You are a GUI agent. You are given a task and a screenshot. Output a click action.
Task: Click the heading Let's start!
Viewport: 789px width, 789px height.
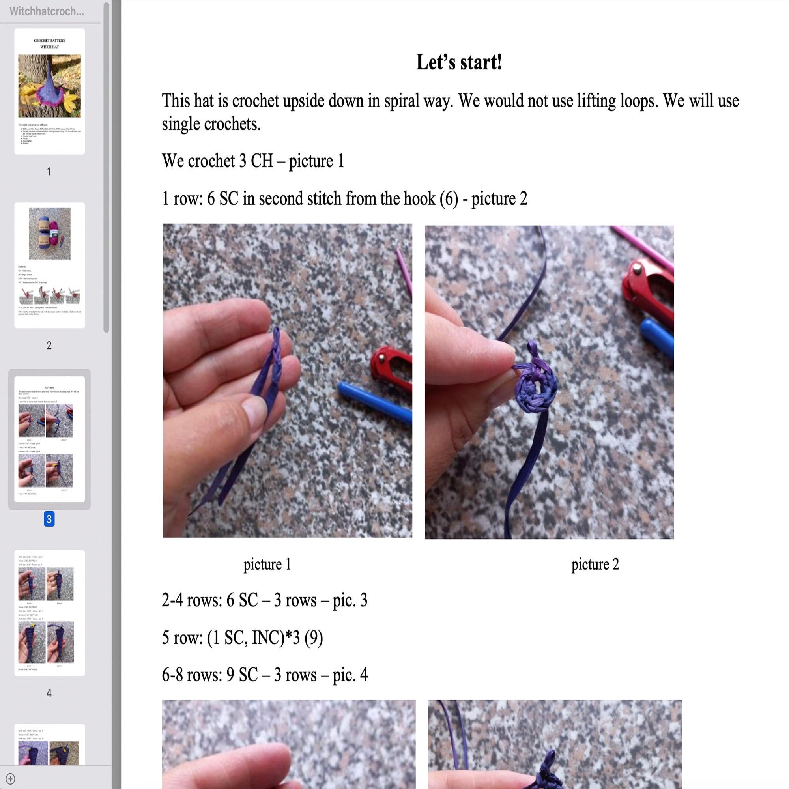tap(459, 62)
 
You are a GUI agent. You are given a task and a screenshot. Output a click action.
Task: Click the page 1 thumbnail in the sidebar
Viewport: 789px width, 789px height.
tap(49, 91)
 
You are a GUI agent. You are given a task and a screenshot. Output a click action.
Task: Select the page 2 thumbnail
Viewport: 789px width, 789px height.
tap(49, 265)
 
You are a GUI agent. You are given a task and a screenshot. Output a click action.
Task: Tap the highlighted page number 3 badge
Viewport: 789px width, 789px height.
tap(49, 519)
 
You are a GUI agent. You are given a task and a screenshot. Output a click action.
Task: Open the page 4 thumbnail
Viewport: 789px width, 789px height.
tap(49, 613)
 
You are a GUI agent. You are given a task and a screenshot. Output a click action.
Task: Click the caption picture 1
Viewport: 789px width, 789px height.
tap(267, 565)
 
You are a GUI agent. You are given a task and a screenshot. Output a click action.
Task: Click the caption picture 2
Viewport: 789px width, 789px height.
tap(595, 565)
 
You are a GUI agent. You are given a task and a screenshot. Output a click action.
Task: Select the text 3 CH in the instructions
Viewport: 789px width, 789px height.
tap(256, 161)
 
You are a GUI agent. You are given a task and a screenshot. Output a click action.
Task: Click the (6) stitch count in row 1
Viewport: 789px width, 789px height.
tap(449, 199)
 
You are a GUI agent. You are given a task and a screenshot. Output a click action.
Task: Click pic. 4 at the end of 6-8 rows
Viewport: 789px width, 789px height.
tap(350, 675)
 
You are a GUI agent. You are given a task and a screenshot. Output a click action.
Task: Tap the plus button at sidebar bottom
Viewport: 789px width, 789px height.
tap(11, 779)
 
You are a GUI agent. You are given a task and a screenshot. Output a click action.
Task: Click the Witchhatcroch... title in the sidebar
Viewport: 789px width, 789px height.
tap(47, 11)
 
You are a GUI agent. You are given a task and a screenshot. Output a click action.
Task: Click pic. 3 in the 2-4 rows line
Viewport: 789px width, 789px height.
tap(350, 600)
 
